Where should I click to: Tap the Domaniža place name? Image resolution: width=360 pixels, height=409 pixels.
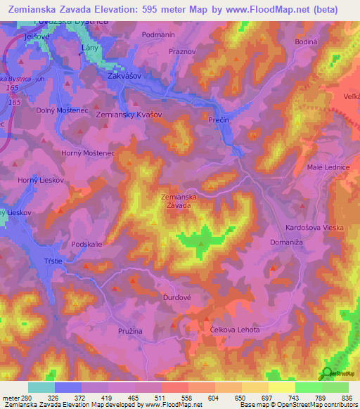pos(287,242)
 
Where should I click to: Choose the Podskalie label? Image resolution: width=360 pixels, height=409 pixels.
pos(87,244)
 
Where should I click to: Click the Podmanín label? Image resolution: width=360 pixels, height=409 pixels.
pos(158,34)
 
